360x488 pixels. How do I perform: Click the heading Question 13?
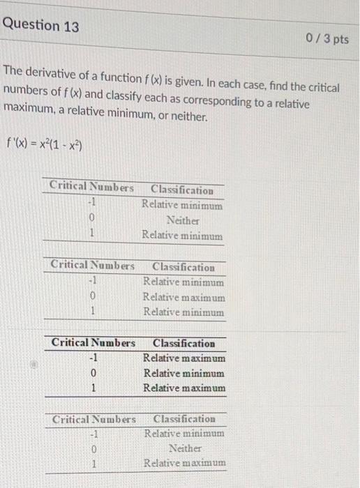coord(40,26)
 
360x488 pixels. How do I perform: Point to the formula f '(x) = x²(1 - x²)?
coord(45,147)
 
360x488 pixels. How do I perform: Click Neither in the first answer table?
coord(182,220)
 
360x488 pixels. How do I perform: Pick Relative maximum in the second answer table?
coord(183,297)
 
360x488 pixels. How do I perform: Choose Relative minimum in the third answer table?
coord(183,373)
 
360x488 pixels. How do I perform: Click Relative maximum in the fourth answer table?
coord(185,463)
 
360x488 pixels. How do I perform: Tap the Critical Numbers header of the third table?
coord(93,343)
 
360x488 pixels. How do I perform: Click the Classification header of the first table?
coord(182,190)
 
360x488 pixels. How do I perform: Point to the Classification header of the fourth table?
coord(184,419)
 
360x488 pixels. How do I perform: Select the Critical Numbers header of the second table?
coord(93,266)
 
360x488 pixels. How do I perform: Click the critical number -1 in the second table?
coord(91,282)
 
